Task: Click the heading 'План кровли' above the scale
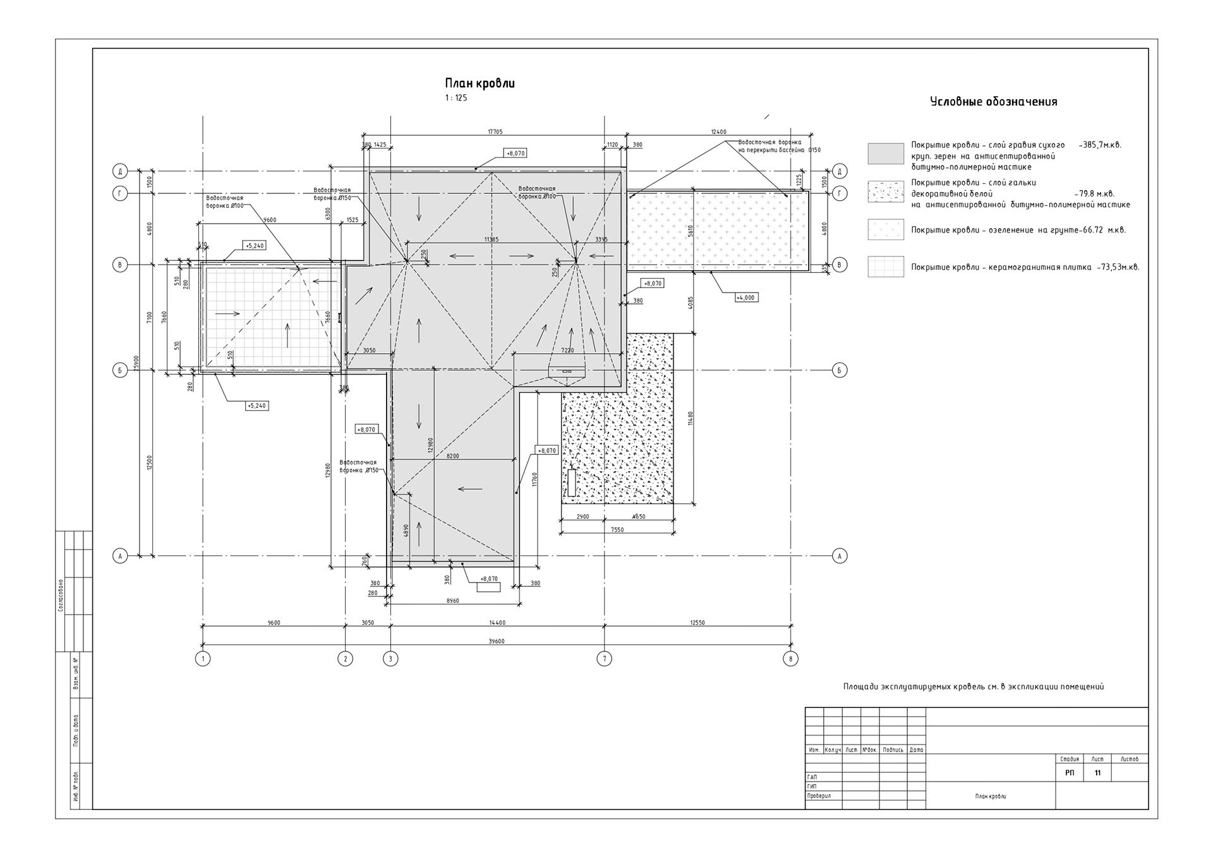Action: pos(480,83)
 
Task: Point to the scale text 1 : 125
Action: pos(456,98)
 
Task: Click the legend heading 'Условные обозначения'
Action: pos(994,102)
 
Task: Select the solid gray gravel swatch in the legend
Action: pos(886,154)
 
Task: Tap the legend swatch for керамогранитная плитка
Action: pos(886,267)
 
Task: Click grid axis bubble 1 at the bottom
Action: pos(203,659)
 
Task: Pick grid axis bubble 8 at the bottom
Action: pos(790,659)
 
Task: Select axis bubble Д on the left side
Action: pos(120,171)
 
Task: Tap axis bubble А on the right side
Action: pos(840,556)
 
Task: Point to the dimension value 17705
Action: pos(495,132)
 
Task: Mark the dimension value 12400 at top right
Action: pos(718,132)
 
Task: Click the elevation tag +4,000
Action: pos(745,297)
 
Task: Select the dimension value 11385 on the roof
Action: pos(492,239)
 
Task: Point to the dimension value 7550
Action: pos(617,530)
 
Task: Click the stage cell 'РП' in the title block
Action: pos(1070,773)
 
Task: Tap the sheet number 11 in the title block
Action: pos(1098,773)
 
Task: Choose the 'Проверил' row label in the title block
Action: pos(819,796)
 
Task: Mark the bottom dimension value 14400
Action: pos(497,623)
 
